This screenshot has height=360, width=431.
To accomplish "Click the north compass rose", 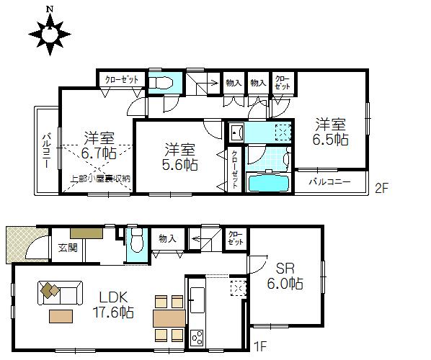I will [x=48, y=33].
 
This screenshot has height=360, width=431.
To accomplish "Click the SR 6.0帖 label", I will [x=283, y=276].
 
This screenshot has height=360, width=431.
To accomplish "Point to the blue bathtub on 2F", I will [x=268, y=182].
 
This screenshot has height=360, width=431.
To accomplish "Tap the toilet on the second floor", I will [x=161, y=82].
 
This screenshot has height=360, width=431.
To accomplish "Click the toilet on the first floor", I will [x=135, y=245].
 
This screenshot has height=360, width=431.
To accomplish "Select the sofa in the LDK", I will [x=58, y=294].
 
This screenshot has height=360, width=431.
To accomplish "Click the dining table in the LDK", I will [x=169, y=318].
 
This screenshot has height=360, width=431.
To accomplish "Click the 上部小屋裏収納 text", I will [x=100, y=178].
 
